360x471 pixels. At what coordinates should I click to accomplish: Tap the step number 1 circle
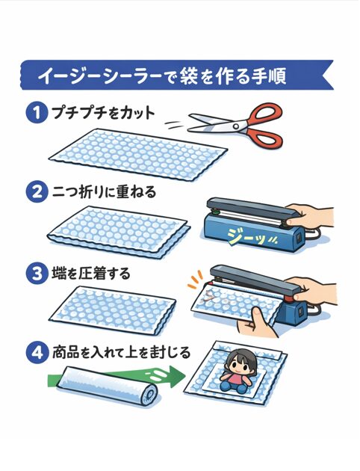tap(35, 114)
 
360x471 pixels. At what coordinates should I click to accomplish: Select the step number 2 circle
tap(35, 192)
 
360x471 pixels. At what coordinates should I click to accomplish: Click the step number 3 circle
tap(35, 273)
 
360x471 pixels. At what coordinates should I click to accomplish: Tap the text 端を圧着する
tap(90, 273)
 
